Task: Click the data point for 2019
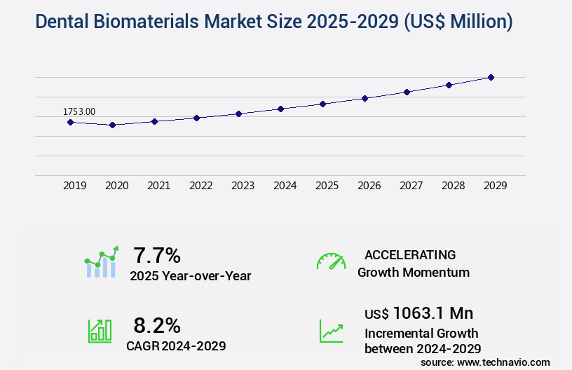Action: pyautogui.click(x=70, y=122)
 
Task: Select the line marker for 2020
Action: pyautogui.click(x=112, y=125)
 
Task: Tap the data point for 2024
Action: pyautogui.click(x=280, y=109)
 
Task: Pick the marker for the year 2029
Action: pyautogui.click(x=491, y=77)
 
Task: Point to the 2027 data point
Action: pyautogui.click(x=407, y=92)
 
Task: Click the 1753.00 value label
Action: pyautogui.click(x=79, y=111)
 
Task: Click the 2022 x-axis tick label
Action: pyautogui.click(x=200, y=186)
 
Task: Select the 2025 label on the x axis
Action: pyautogui.click(x=327, y=186)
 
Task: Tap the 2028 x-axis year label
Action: pyautogui.click(x=453, y=186)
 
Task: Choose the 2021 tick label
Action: pyautogui.click(x=158, y=186)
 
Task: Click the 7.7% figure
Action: pyautogui.click(x=157, y=254)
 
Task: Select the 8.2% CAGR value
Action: pyautogui.click(x=157, y=325)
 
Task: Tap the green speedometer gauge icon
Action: pyautogui.click(x=331, y=261)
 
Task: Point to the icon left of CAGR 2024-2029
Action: pyautogui.click(x=100, y=331)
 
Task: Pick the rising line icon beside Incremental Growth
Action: pyautogui.click(x=331, y=331)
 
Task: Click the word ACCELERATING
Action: pyautogui.click(x=410, y=254)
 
